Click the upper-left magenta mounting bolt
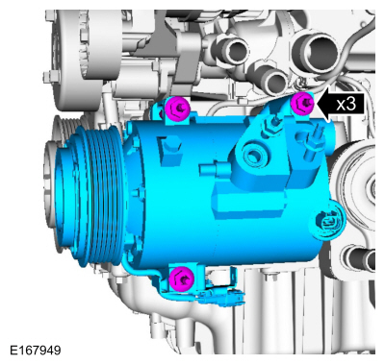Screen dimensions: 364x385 176,109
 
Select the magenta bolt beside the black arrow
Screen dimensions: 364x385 303,104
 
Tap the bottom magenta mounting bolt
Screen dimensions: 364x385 179,279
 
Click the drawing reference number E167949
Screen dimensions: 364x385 36,351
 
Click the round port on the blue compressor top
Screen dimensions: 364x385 257,152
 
